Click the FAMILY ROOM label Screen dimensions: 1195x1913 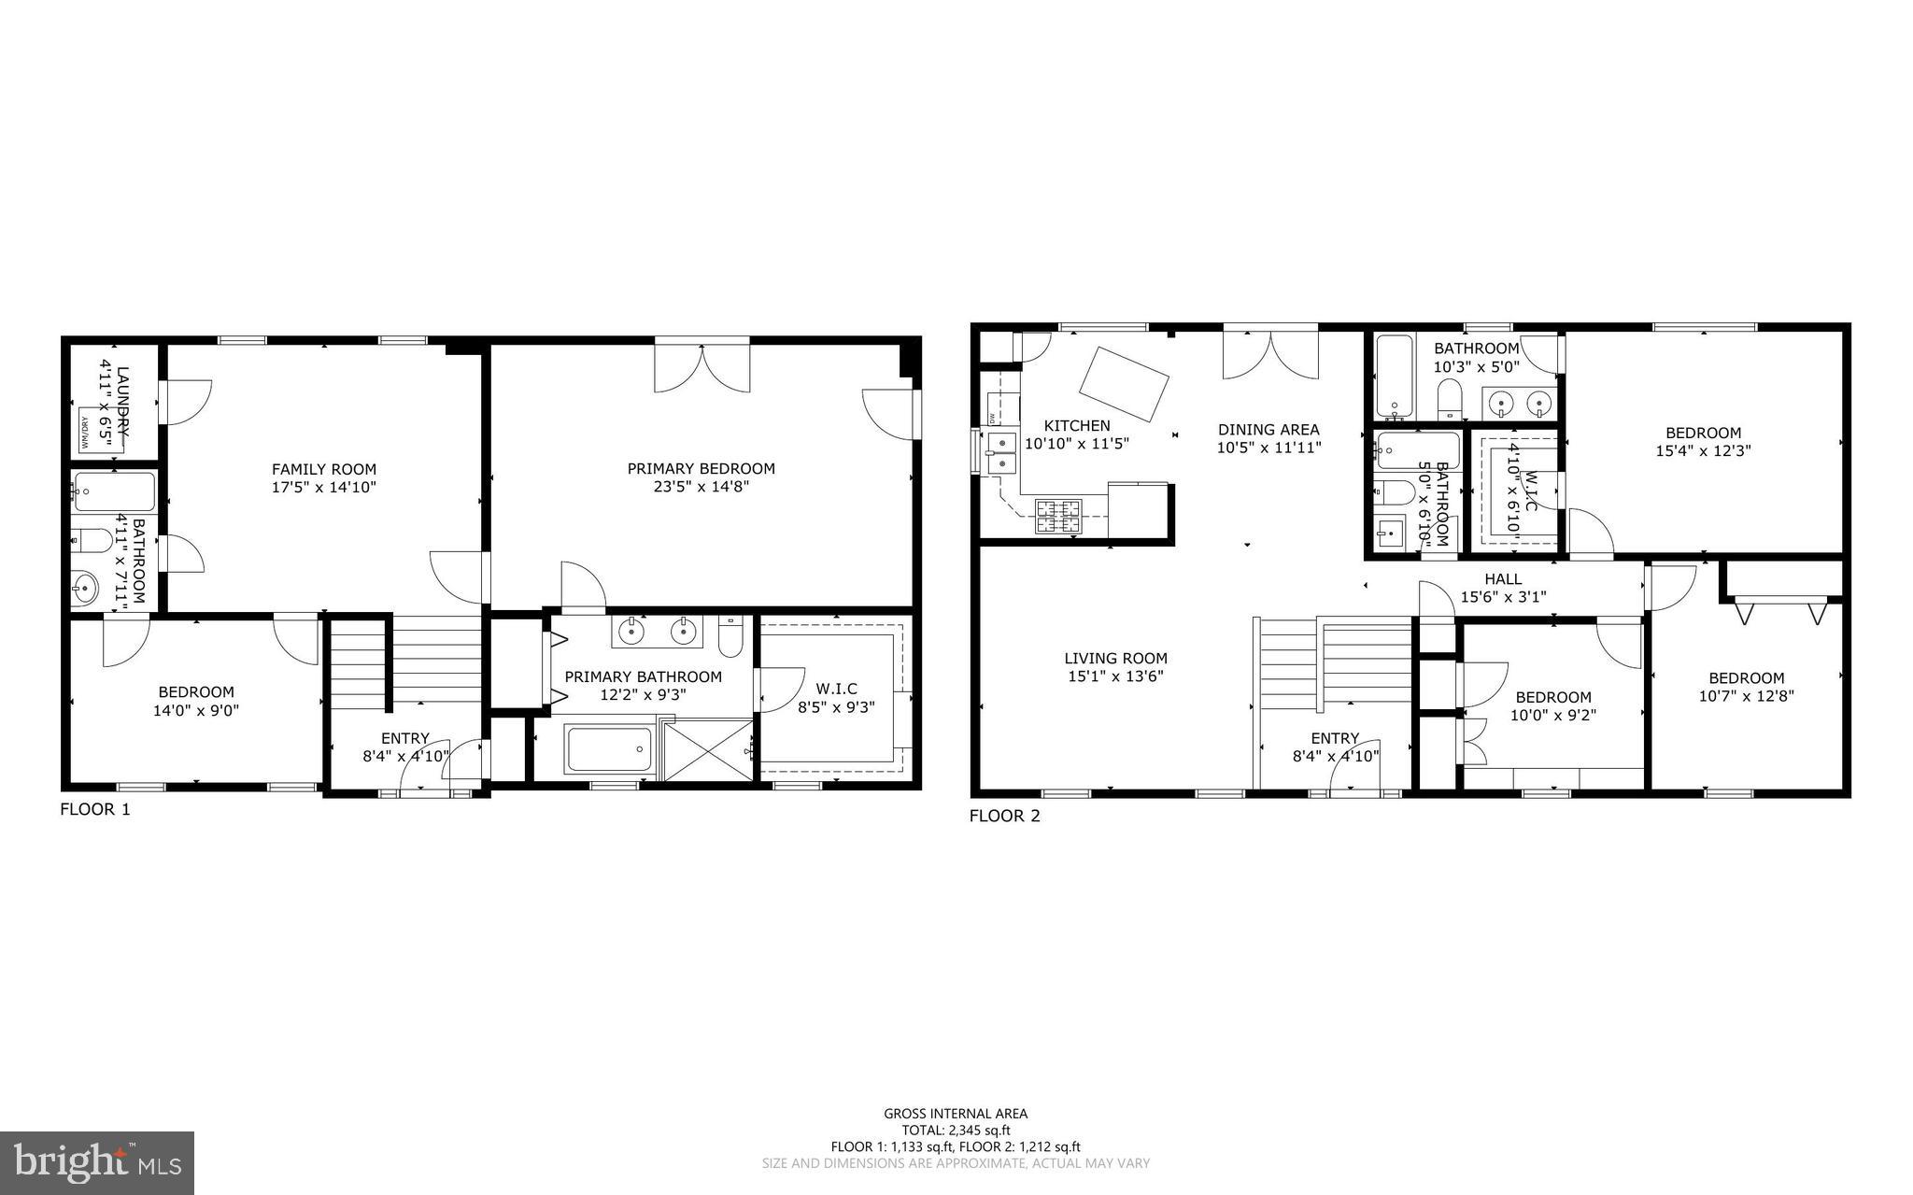click(x=323, y=469)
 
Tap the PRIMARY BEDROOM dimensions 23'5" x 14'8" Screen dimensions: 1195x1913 click(x=701, y=487)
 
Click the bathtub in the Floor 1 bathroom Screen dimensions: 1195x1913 click(x=114, y=491)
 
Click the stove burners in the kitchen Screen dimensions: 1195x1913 click(x=1058, y=517)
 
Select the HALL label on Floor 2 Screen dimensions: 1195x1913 click(x=1503, y=578)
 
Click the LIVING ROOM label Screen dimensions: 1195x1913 click(x=1115, y=658)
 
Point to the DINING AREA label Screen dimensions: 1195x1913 click(x=1268, y=430)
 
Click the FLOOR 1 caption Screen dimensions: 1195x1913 click(x=95, y=809)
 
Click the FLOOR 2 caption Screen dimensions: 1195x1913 click(x=1004, y=816)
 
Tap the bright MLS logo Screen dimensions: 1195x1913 click(x=97, y=1162)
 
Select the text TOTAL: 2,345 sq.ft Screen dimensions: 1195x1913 click(x=956, y=1130)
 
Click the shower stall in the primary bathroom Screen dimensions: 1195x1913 click(x=707, y=748)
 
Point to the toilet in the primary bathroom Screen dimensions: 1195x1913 click(x=730, y=638)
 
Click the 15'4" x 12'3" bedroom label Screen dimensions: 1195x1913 click(x=1703, y=433)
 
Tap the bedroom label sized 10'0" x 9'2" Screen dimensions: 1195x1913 click(x=1552, y=697)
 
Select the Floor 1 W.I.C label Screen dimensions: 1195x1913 click(x=835, y=689)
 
